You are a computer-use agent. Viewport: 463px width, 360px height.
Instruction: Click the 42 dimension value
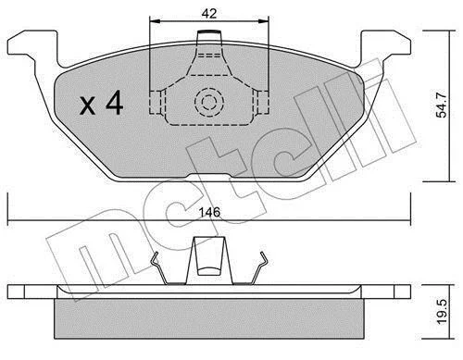[x=209, y=14]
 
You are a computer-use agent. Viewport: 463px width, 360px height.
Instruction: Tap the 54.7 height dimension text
[x=442, y=105]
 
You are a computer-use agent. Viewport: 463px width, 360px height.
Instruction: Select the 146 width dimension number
[x=209, y=212]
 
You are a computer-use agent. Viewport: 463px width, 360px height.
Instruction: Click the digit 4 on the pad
[x=115, y=104]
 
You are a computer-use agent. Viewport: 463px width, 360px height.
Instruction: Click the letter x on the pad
[x=87, y=106]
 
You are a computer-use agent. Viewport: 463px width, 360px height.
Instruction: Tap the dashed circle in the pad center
[x=209, y=102]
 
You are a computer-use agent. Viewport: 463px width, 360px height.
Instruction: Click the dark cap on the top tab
[x=209, y=31]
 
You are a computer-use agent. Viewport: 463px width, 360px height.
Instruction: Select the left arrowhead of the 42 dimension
[x=156, y=21]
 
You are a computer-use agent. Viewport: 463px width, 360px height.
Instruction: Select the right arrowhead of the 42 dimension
[x=263, y=21]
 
